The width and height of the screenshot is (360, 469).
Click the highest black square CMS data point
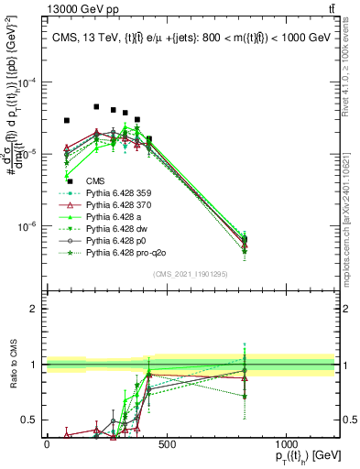click(96, 107)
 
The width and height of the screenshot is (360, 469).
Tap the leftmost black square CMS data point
click(67, 120)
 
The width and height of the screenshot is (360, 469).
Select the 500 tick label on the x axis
click(166, 444)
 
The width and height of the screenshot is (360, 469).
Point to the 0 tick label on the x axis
click(47, 444)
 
